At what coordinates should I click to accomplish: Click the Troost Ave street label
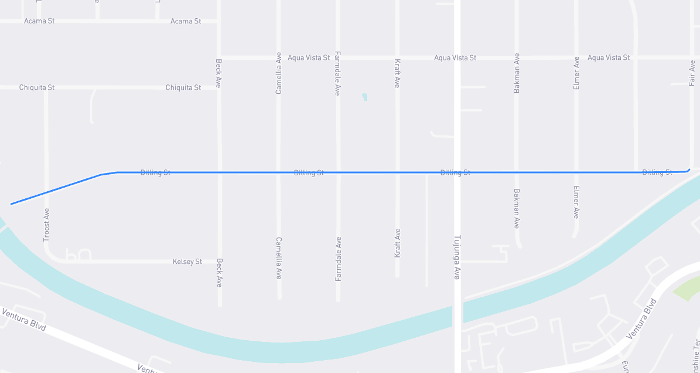47,225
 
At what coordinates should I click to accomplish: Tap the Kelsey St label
187,262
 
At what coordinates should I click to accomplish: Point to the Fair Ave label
692,73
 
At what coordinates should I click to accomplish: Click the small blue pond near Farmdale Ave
364,97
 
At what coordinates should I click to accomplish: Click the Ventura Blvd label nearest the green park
641,319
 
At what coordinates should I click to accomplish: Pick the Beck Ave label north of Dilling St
218,73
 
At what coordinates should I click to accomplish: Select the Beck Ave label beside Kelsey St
219,273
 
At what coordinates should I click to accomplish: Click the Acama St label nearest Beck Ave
186,21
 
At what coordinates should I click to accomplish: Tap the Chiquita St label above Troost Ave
37,87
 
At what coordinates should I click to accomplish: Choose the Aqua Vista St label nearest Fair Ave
609,57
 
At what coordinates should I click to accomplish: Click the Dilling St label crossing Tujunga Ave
455,172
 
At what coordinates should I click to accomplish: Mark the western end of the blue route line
11,204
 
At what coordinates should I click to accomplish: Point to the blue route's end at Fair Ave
689,169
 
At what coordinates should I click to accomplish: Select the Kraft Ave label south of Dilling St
398,243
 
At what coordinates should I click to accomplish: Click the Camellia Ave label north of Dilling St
279,73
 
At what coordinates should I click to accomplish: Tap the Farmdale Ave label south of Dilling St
338,259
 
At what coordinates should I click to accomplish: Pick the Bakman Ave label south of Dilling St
517,208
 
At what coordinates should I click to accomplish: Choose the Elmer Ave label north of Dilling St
576,73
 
